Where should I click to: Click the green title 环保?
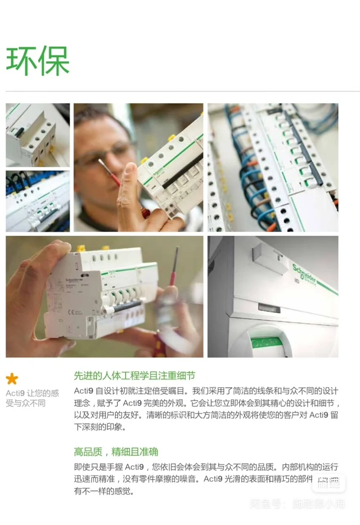[x=38, y=61]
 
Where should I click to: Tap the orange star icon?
[x=12, y=379]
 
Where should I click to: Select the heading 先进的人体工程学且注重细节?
[x=135, y=375]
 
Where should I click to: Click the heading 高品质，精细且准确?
[x=116, y=452]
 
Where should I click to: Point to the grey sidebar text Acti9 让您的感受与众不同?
[x=32, y=398]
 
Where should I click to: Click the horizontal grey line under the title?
[x=180, y=91]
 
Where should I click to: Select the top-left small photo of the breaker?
[x=38, y=135]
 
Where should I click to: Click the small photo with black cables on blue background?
[x=38, y=201]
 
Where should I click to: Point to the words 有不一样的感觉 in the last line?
[x=104, y=491]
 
